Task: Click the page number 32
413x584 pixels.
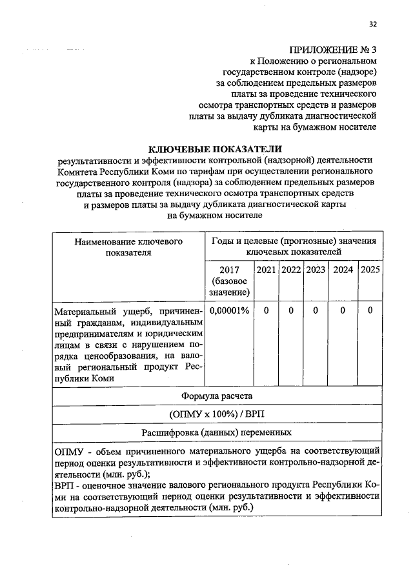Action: click(x=372, y=25)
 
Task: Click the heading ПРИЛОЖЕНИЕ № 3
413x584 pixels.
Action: click(x=332, y=50)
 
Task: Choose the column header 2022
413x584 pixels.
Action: click(x=291, y=270)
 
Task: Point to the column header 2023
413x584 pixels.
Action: click(x=315, y=270)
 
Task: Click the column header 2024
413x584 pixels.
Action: click(x=342, y=270)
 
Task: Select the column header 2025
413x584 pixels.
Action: click(x=370, y=270)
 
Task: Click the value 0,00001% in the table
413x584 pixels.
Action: click(x=229, y=310)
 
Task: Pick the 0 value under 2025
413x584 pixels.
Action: click(x=370, y=310)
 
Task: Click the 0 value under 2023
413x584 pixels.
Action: click(x=315, y=310)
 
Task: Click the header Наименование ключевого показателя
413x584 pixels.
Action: click(x=128, y=247)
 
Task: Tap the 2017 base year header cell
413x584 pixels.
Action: click(x=229, y=281)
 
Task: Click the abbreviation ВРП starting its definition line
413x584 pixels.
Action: click(x=65, y=485)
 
